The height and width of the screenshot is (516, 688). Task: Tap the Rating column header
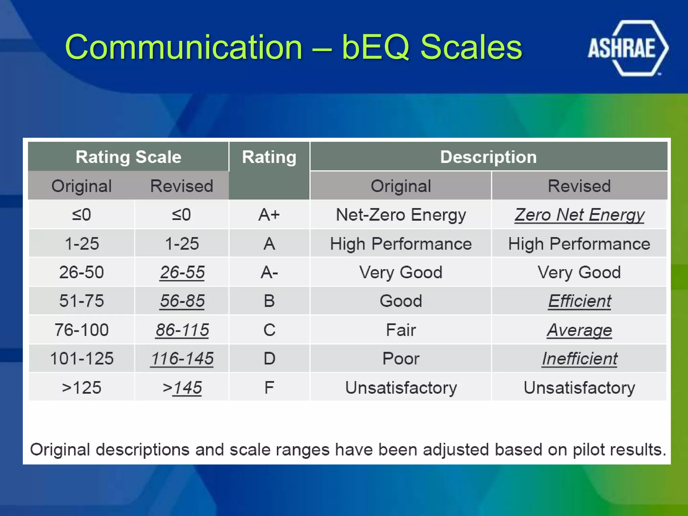click(x=269, y=157)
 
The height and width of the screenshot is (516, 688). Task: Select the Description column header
click(x=488, y=157)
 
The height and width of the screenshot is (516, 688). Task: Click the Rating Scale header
click(x=128, y=157)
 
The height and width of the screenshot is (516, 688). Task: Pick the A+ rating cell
click(x=269, y=215)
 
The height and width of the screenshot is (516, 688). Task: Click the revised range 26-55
click(x=182, y=272)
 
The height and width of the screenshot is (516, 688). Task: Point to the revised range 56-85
click(x=182, y=301)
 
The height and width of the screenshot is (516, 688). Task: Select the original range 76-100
click(x=82, y=330)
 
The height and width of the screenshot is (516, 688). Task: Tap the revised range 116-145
click(x=182, y=358)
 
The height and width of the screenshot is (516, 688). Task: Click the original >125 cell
click(x=82, y=388)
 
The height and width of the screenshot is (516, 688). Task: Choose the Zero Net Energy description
click(x=579, y=215)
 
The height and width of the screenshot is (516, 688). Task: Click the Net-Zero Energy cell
click(x=401, y=215)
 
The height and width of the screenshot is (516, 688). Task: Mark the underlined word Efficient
click(x=579, y=301)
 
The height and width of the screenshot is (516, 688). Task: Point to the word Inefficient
click(x=579, y=359)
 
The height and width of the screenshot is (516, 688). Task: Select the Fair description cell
click(x=401, y=330)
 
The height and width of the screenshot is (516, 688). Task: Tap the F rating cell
click(x=269, y=388)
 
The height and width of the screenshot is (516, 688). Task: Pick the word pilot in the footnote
click(x=591, y=450)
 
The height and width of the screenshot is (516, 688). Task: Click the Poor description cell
click(x=401, y=359)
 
